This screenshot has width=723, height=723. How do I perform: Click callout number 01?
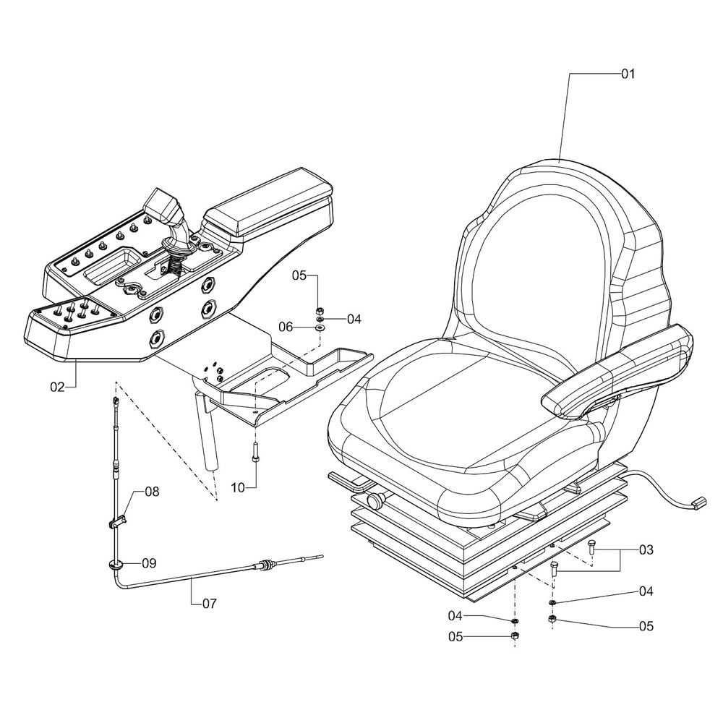[x=627, y=74]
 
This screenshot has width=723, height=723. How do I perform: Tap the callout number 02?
[x=58, y=388]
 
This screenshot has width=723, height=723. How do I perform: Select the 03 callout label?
[x=646, y=550]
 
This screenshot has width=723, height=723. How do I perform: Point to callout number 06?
[x=286, y=327]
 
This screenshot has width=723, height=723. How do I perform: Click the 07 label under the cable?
[x=208, y=602]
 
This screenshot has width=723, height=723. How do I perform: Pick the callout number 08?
[x=151, y=492]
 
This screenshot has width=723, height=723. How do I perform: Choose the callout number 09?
[x=149, y=562]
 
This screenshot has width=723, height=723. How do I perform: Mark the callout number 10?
[x=239, y=488]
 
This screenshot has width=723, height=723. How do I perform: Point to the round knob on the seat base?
[x=377, y=500]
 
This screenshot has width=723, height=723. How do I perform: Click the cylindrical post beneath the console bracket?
[x=208, y=441]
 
